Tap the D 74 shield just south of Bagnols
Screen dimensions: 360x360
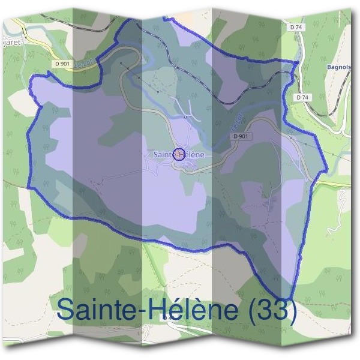click(x=302, y=97)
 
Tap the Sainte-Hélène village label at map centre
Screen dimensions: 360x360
click(x=179, y=154)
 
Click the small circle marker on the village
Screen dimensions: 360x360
click(x=179, y=154)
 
